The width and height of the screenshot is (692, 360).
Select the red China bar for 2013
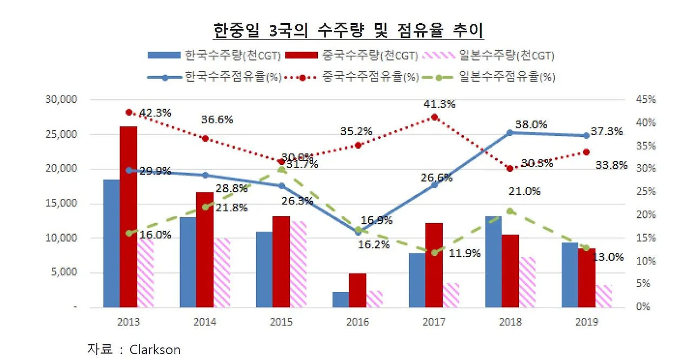[x=128, y=216]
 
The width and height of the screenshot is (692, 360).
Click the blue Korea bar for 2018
[x=494, y=262]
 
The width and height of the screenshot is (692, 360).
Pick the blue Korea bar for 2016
[x=341, y=299]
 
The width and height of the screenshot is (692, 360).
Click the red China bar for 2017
[x=434, y=265]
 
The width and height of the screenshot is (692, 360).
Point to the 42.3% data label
[x=155, y=113]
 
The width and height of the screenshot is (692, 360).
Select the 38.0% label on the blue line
[x=531, y=124]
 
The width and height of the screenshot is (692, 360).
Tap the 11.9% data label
[x=465, y=253]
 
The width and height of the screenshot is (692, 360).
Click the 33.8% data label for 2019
[x=612, y=165]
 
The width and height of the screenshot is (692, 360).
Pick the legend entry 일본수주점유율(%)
[x=507, y=77]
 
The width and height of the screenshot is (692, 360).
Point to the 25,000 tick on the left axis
[x=63, y=134]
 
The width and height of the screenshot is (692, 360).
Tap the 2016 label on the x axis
[x=357, y=323]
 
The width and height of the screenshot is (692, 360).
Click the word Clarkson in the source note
[x=155, y=349]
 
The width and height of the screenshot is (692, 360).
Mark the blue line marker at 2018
[x=510, y=132]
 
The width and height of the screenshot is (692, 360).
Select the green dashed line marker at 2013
[x=129, y=234]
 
